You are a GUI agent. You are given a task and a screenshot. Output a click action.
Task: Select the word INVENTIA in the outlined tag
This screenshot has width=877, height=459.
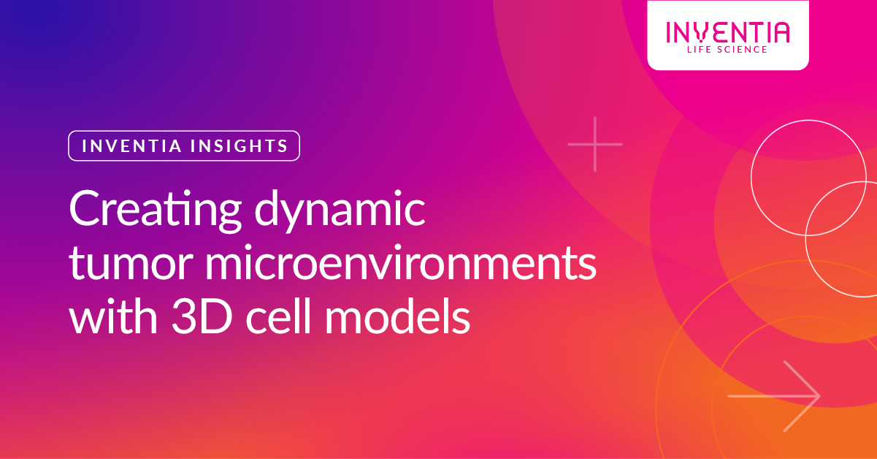tap(123, 145)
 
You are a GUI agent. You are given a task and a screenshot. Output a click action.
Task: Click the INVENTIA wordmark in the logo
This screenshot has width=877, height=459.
tap(727, 32)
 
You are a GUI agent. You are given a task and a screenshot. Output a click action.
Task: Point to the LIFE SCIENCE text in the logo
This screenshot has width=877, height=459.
tap(727, 50)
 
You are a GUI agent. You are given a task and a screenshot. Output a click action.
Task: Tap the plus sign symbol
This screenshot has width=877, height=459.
tap(595, 144)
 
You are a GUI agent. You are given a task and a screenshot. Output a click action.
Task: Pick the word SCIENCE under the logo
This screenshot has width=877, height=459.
tap(742, 50)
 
